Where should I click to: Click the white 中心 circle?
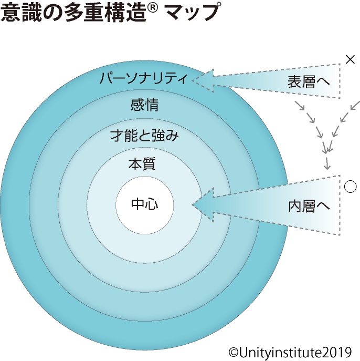[145, 205]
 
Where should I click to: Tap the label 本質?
[142, 164]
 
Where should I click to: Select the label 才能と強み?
[144, 136]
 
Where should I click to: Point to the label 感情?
[144, 105]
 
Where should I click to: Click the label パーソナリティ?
[143, 78]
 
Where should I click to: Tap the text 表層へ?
[309, 81]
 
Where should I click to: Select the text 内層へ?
[309, 206]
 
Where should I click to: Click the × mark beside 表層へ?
[350, 59]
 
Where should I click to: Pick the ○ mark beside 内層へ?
[351, 187]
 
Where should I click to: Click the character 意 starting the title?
[10, 13]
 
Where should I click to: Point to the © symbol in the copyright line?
[234, 352]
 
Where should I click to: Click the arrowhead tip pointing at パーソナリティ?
[192, 80]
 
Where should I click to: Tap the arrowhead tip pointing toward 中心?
[193, 205]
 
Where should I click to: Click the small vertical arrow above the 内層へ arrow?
[327, 163]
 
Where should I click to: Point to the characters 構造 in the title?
[125, 13]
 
